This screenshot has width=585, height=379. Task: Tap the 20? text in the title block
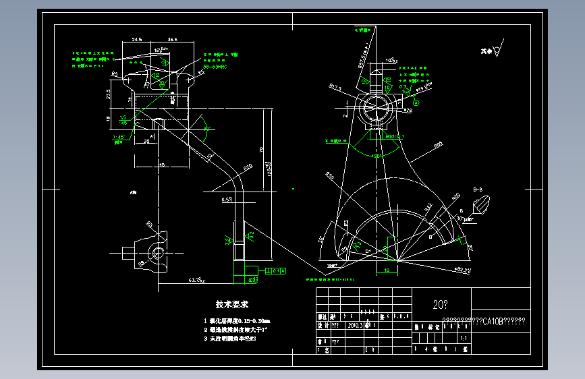[x=440, y=305]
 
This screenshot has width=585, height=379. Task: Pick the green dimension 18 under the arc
[x=387, y=270]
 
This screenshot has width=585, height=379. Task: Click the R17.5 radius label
[x=335, y=87]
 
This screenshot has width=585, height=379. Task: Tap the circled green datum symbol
[x=416, y=103]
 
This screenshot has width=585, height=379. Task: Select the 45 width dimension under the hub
[x=162, y=164]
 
